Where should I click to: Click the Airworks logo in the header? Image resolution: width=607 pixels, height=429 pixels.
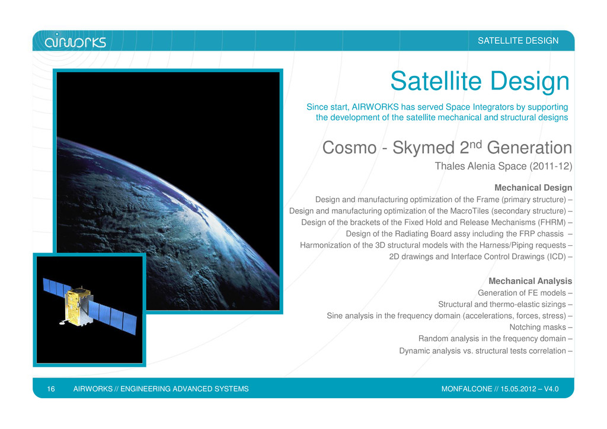(x=75, y=40)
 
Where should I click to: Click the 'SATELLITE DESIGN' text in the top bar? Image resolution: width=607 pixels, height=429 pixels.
(x=518, y=41)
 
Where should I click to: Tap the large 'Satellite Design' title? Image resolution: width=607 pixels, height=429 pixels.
(x=480, y=81)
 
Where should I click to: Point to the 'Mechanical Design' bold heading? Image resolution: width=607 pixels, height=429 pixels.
(x=533, y=188)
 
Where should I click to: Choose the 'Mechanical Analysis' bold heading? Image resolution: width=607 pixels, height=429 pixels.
(x=530, y=281)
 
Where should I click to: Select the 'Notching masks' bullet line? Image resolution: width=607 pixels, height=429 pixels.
(x=538, y=327)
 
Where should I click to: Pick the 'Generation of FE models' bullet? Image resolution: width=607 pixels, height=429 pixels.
(x=522, y=293)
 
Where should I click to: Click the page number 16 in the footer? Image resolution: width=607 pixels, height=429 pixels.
(x=51, y=389)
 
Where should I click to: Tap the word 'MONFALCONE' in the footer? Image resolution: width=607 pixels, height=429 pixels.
(x=467, y=389)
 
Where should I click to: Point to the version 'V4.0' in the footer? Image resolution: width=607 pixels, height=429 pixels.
(x=551, y=389)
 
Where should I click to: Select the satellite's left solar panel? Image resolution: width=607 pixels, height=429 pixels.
(x=56, y=288)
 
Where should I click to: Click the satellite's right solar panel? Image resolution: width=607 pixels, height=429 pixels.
(x=113, y=317)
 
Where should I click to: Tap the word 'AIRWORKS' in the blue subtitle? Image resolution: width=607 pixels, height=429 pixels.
(x=375, y=107)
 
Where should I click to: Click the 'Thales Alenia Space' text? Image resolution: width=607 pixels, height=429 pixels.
(x=480, y=166)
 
